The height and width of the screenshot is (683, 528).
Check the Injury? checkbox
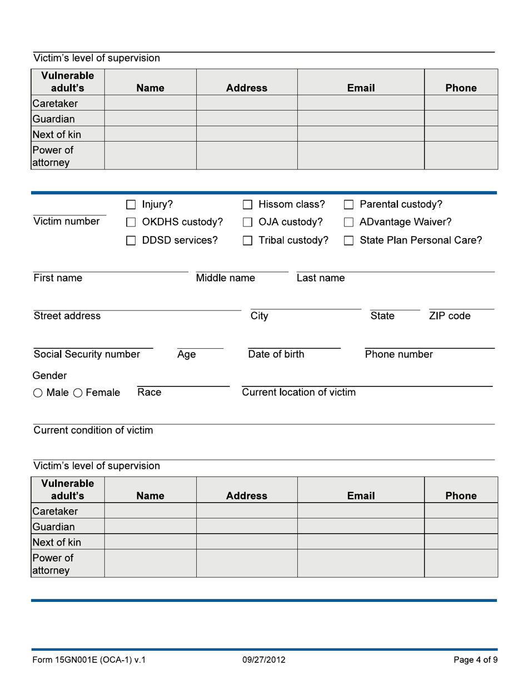coord(131,205)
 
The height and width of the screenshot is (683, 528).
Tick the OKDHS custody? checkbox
coord(131,223)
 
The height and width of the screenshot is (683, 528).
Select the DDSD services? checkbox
coord(131,241)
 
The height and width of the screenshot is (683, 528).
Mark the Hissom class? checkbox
coord(248,205)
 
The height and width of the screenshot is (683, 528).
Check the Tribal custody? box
coord(248,241)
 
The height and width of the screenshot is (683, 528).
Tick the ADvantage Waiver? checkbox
coord(349,223)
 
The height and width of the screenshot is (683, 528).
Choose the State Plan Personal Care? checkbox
coord(349,241)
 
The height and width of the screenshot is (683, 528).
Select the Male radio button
coord(38,393)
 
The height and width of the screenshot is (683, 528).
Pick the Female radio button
coord(78,393)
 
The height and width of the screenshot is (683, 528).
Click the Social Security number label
coord(87,354)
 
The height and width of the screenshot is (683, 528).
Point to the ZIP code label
coord(450,316)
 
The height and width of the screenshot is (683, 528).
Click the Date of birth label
coord(276,354)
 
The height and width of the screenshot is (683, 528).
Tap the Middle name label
coord(225,278)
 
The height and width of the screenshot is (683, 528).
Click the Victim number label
coord(67,222)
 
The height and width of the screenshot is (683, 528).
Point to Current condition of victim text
coord(93,430)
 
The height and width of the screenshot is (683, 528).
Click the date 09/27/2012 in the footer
coord(264,660)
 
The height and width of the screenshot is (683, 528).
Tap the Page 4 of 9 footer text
coord(475,660)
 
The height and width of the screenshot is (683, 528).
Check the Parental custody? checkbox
coord(349,205)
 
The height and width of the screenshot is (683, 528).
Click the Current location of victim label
coord(298,393)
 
